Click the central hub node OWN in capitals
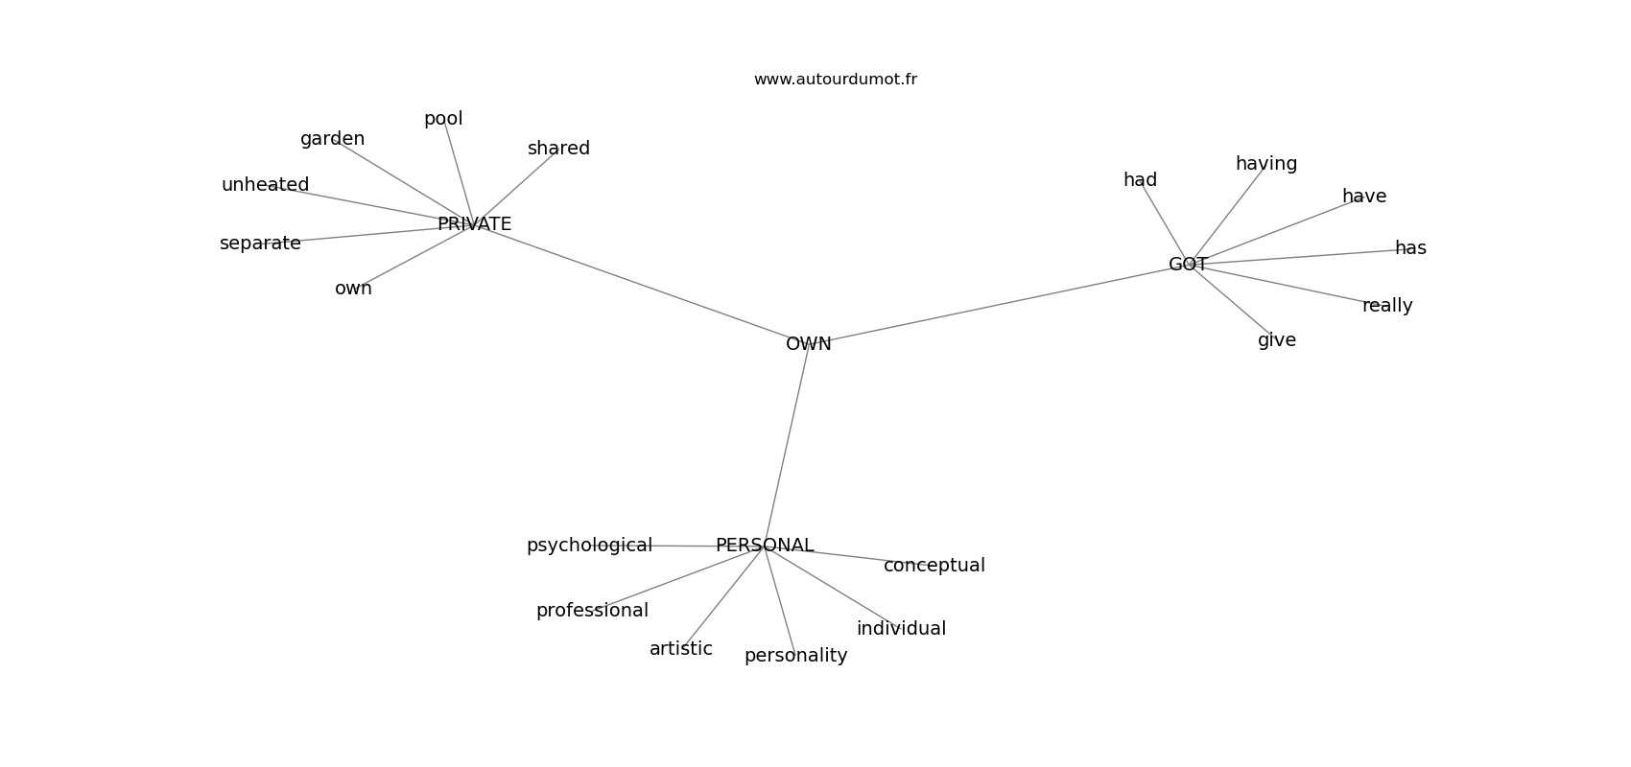[x=808, y=344]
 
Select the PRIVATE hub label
[x=474, y=224]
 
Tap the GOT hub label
[x=1188, y=265]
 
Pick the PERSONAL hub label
[x=765, y=546]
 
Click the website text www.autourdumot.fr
[x=835, y=80]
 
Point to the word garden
[x=332, y=139]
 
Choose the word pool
[x=443, y=119]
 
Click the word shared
[x=558, y=149]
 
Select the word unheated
[x=265, y=185]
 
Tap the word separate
[x=260, y=244]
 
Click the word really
[x=1387, y=306]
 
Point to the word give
[x=1276, y=340]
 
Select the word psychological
[x=589, y=546]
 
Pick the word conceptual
[x=934, y=566]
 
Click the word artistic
[x=681, y=648]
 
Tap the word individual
[x=902, y=629]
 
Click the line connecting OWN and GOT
[x=998, y=304]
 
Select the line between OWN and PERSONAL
[x=787, y=445]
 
